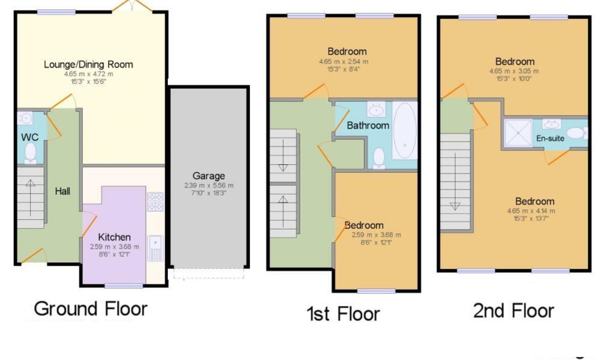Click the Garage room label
pos(209,176)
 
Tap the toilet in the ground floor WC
pos(30,153)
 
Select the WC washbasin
pos(26,118)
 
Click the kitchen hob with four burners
pos(155,202)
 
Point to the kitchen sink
pos(155,248)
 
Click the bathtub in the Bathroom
pos(404,131)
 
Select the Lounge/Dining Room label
pos(88,65)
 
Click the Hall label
pos(63,191)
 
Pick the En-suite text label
pos(550,138)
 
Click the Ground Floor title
pos(91,309)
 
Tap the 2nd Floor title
pos(514,311)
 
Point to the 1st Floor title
pos(343,314)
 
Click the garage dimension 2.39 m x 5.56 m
pos(209,186)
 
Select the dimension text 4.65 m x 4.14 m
pos(531,211)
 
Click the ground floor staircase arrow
pos(30,198)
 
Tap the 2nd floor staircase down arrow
pos(455,182)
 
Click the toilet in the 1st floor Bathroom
pos(379,158)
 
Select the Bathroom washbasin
pos(376,109)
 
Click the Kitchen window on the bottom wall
pos(124,286)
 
